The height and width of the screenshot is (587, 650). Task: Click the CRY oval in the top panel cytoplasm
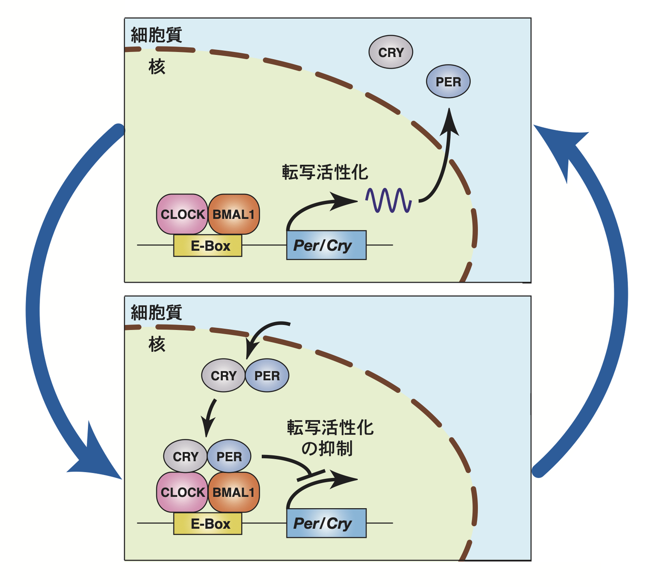coord(390,52)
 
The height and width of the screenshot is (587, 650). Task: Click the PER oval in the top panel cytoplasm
coord(448,82)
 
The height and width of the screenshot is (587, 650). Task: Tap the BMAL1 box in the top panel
coord(234,214)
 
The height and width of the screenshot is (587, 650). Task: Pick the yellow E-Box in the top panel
coord(208,246)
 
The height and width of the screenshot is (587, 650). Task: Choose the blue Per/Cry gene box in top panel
coord(326,245)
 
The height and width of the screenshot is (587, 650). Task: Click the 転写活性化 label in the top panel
coord(325,172)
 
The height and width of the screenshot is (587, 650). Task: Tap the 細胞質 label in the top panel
coord(156,35)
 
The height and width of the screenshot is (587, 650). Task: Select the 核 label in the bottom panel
coord(157,344)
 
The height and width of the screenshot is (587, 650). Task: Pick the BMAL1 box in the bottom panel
coord(234,492)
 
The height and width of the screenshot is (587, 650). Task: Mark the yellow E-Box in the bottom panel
coord(208,524)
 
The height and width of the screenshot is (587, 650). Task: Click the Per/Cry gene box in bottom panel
coord(326,523)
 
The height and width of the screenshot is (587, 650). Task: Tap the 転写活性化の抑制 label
coord(330,438)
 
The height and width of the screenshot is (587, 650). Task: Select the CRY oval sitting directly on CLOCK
coord(185,456)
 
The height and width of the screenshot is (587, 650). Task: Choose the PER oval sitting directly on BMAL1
coord(229,456)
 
